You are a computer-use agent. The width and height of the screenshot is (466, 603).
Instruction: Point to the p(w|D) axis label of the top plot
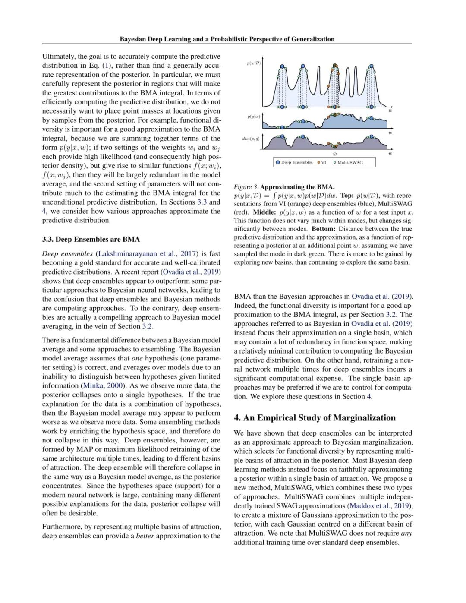point(254,63)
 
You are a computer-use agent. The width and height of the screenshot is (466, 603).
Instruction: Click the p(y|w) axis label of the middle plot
point(254,117)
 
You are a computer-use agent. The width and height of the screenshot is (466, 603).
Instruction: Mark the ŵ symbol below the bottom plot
point(335,153)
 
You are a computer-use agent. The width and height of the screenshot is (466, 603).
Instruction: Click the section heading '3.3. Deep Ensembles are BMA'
point(91,239)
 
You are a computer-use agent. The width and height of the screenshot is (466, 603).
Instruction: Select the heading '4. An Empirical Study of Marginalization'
point(315,417)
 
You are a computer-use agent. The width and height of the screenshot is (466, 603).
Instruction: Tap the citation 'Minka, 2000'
point(103,385)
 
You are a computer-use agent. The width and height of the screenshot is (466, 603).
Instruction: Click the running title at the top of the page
point(227,39)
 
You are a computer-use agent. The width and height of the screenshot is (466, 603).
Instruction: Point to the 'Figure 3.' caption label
point(246,187)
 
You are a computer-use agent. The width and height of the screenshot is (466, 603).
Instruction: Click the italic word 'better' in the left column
point(145,536)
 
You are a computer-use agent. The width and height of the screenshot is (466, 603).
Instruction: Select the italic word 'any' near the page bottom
point(406,533)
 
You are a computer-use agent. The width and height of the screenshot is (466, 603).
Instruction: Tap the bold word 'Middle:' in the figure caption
point(264,212)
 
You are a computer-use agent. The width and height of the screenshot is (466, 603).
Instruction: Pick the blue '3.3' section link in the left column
point(202,202)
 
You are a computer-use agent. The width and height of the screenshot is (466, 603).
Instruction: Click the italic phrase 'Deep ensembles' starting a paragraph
point(67,253)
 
